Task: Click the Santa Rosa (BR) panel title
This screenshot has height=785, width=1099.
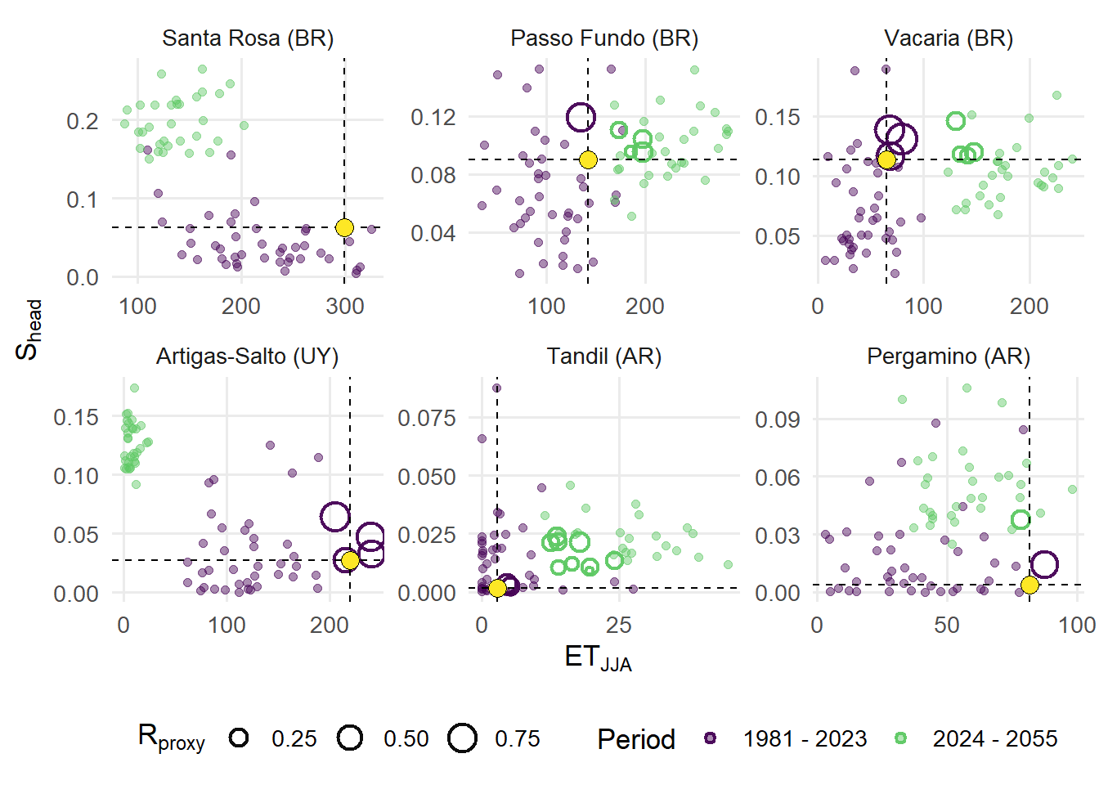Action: pos(248,38)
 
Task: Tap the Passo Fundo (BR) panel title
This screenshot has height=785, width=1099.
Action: pos(604,38)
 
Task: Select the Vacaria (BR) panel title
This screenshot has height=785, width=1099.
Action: pos(949,38)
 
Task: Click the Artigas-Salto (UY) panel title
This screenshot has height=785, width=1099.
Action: pos(247,357)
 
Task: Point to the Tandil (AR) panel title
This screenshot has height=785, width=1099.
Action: pos(604,357)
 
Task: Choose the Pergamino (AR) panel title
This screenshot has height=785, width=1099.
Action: pos(949,357)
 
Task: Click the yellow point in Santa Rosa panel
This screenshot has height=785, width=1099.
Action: pos(344,227)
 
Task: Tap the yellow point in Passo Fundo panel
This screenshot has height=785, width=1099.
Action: pos(588,159)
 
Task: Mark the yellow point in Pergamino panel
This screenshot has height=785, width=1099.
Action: pos(1029,585)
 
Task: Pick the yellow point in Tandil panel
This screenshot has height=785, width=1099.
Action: pos(497,588)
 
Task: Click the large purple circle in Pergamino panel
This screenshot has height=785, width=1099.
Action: pos(1044,564)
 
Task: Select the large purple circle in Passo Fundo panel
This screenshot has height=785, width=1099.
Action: pos(581,118)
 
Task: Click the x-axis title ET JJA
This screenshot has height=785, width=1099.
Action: pos(598,658)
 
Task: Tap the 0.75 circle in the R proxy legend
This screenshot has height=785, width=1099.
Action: pos(463,738)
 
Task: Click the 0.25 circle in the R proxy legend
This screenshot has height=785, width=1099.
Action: pos(239,738)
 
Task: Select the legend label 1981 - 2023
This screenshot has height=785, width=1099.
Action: pos(805,739)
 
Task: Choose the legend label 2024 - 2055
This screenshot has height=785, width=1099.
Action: pos(995,739)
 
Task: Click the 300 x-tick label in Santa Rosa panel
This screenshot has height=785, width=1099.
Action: pos(345,307)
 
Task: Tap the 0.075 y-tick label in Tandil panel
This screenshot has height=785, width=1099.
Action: pos(427,419)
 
